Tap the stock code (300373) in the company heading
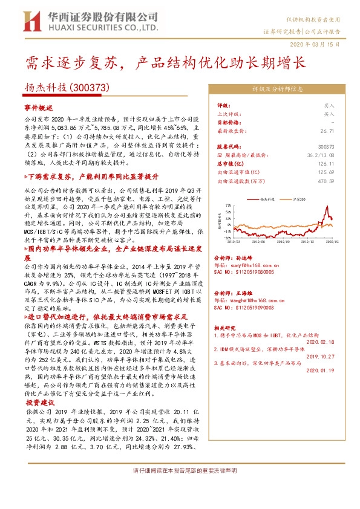pos(90,88)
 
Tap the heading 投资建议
pos(39,401)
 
